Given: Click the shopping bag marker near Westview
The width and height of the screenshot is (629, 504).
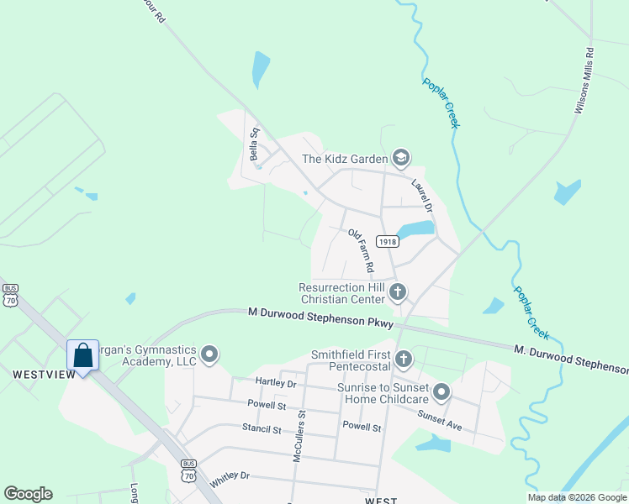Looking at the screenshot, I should (x=83, y=354).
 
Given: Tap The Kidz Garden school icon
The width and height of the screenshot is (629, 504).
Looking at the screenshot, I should (x=401, y=158).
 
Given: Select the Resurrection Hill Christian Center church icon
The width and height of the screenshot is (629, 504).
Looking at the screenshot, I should (x=399, y=292).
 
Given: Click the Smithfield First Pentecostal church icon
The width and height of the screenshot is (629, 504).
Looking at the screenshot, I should (x=404, y=360).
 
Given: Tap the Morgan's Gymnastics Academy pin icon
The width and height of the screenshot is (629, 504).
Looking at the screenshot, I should (x=209, y=355).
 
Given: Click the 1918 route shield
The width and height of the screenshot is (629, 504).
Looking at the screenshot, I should (x=387, y=241).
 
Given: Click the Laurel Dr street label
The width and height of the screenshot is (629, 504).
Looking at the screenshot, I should (x=422, y=194).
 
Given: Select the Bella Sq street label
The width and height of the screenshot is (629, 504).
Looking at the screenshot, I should (x=251, y=144).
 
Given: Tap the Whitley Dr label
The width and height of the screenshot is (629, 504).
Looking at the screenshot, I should (x=230, y=475).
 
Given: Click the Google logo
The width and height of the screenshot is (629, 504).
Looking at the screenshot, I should (x=28, y=494).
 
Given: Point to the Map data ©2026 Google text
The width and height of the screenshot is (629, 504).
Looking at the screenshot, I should (x=576, y=497).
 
